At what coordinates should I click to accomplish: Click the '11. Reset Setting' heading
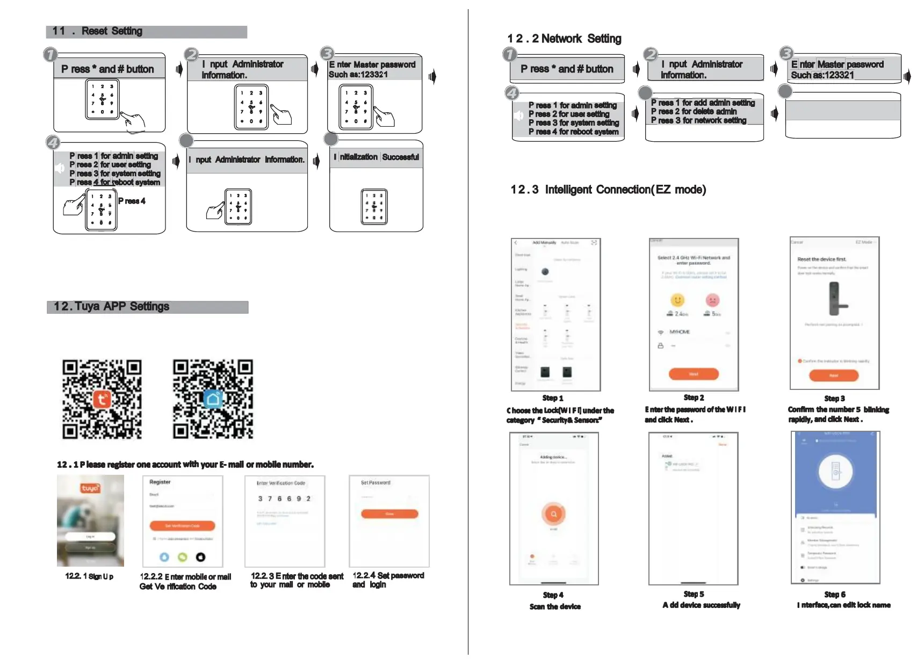pyautogui.click(x=98, y=31)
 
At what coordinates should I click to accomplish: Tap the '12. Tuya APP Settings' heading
pyautogui.click(x=112, y=306)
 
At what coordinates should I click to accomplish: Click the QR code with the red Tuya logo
pyautogui.click(x=102, y=399)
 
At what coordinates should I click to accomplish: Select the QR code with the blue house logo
pyautogui.click(x=213, y=399)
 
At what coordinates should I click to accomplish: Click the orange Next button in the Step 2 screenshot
pyautogui.click(x=694, y=374)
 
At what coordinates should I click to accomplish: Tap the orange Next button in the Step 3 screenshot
pyautogui.click(x=834, y=375)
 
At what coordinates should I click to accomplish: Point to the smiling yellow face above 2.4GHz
pyautogui.click(x=677, y=300)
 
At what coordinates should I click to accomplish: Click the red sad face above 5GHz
pyautogui.click(x=712, y=300)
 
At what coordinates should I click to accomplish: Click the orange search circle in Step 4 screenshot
pyautogui.click(x=553, y=514)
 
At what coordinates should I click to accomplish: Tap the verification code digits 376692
pyautogui.click(x=284, y=498)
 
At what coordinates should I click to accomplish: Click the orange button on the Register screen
pyautogui.click(x=182, y=526)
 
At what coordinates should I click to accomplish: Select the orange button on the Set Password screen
pyautogui.click(x=389, y=514)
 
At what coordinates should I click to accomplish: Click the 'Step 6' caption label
pyautogui.click(x=835, y=595)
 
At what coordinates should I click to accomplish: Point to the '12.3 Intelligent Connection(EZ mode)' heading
pyautogui.click(x=608, y=190)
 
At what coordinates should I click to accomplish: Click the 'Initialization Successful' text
pyautogui.click(x=376, y=157)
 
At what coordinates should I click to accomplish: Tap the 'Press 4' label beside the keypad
pyautogui.click(x=132, y=201)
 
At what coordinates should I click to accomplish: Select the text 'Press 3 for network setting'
pyautogui.click(x=698, y=120)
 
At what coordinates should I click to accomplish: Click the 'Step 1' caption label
pyautogui.click(x=553, y=398)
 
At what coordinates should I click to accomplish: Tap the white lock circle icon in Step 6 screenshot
pyautogui.click(x=835, y=472)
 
